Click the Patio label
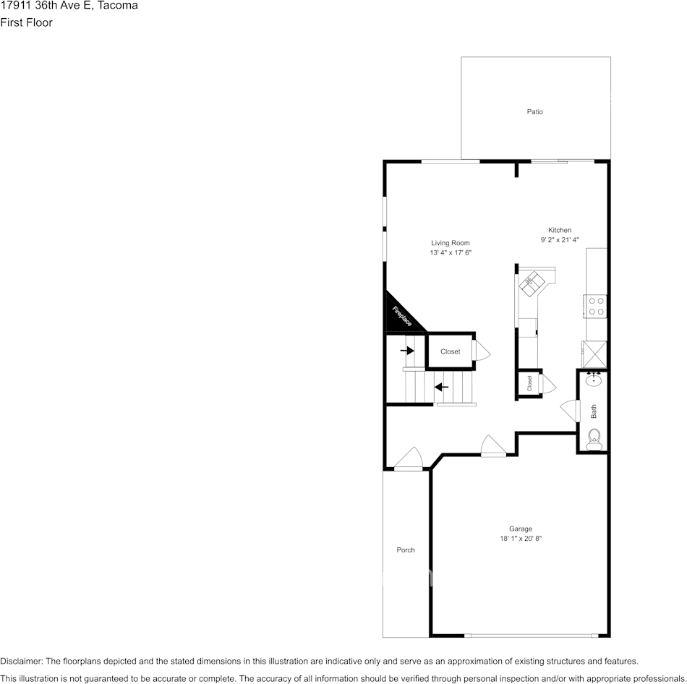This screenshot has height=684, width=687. click(x=534, y=112)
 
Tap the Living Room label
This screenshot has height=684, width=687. click(x=451, y=243)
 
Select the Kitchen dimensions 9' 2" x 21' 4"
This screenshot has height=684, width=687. click(x=560, y=239)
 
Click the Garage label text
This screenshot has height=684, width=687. click(x=521, y=529)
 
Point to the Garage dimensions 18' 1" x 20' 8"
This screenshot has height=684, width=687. click(x=521, y=539)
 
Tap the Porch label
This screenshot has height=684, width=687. click(x=406, y=550)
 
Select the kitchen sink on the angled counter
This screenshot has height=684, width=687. click(x=532, y=283)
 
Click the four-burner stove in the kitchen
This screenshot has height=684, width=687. click(x=596, y=306)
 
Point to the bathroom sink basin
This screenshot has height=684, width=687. click(x=594, y=380)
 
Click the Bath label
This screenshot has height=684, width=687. click(x=594, y=411)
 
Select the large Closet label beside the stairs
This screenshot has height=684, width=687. click(x=451, y=351)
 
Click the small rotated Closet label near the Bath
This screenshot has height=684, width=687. click(x=529, y=383)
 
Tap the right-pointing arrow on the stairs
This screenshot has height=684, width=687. click(x=407, y=351)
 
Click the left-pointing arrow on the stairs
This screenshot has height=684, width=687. click(x=441, y=388)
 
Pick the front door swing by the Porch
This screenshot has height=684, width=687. click(x=409, y=459)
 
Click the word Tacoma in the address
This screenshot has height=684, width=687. click(x=117, y=5)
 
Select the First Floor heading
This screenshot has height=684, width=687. click(x=26, y=22)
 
